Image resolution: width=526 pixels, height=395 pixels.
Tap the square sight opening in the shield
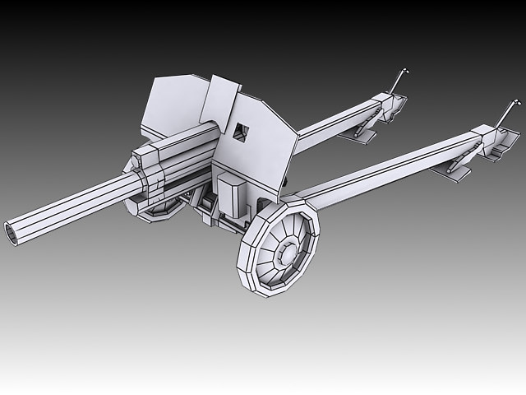(240, 131)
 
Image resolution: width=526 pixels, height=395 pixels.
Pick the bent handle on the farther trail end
(399, 80)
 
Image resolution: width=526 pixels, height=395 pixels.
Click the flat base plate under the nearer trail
(457, 171)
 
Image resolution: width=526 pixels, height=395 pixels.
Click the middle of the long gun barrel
(78, 204)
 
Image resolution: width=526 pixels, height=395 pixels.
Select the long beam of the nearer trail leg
(386, 165)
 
